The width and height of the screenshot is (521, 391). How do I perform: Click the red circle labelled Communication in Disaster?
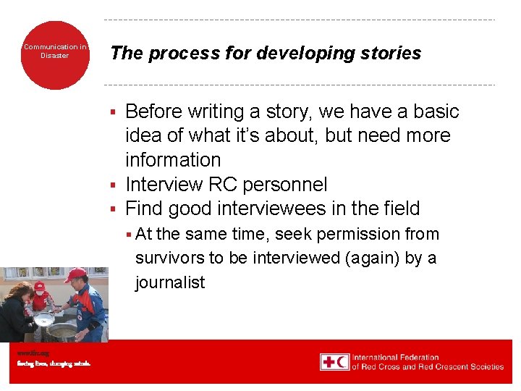coord(54,55)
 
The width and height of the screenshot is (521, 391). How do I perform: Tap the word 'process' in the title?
coord(177,54)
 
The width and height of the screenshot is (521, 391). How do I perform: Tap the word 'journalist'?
coord(170,282)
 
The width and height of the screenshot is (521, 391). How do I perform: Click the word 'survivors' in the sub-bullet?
coord(169,258)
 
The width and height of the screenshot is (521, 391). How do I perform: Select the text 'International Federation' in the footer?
coord(395,357)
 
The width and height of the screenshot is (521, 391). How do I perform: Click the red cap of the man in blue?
coord(75,275)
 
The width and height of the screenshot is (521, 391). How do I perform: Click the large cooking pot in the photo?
coord(64,332)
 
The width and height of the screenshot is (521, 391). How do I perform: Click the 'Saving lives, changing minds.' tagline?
coord(54,363)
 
